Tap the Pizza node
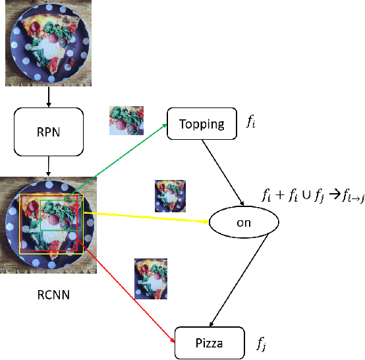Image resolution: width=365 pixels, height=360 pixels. pyautogui.click(x=210, y=343)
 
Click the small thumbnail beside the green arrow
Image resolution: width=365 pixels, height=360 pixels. pyautogui.click(x=126, y=121)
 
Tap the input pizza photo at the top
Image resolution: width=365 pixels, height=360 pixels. pyautogui.click(x=49, y=43)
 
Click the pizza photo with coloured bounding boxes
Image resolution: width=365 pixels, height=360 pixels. pyautogui.click(x=49, y=225)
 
